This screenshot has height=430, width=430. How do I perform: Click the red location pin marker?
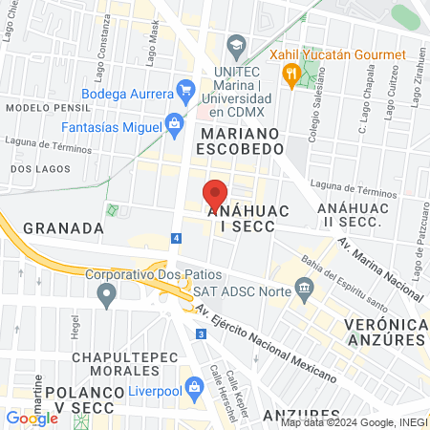point(216,194)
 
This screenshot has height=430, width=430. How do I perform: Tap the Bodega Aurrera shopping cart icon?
point(186,93)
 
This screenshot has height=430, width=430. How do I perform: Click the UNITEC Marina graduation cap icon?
point(235,45)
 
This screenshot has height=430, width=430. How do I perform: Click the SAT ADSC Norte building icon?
point(304,287)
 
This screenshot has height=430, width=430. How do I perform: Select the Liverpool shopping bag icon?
point(194,388)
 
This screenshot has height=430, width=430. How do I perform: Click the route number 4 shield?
point(177,237)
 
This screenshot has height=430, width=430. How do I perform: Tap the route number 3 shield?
point(201,333)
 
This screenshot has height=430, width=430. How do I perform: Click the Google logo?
point(32,418)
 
